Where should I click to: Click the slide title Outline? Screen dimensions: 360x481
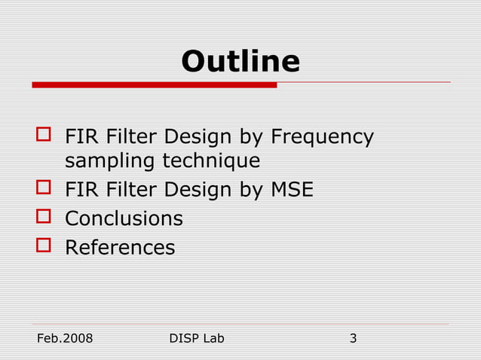pos(240,61)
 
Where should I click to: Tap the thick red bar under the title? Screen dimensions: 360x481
pos(154,85)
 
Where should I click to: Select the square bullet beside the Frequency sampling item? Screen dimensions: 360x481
pos(44,136)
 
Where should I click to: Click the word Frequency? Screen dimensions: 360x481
pos(322,138)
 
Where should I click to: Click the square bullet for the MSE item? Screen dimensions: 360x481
pos(44,189)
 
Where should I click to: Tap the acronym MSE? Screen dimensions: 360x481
pos(292,190)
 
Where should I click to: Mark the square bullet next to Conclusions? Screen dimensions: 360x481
pos(44,218)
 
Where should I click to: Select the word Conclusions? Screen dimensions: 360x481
pos(124,218)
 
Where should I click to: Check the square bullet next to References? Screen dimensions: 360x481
pos(44,246)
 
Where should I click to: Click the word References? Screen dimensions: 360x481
pos(120,247)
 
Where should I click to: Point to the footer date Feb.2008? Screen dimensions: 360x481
pos(65,338)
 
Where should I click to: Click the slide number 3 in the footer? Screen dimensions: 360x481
pos(353,338)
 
